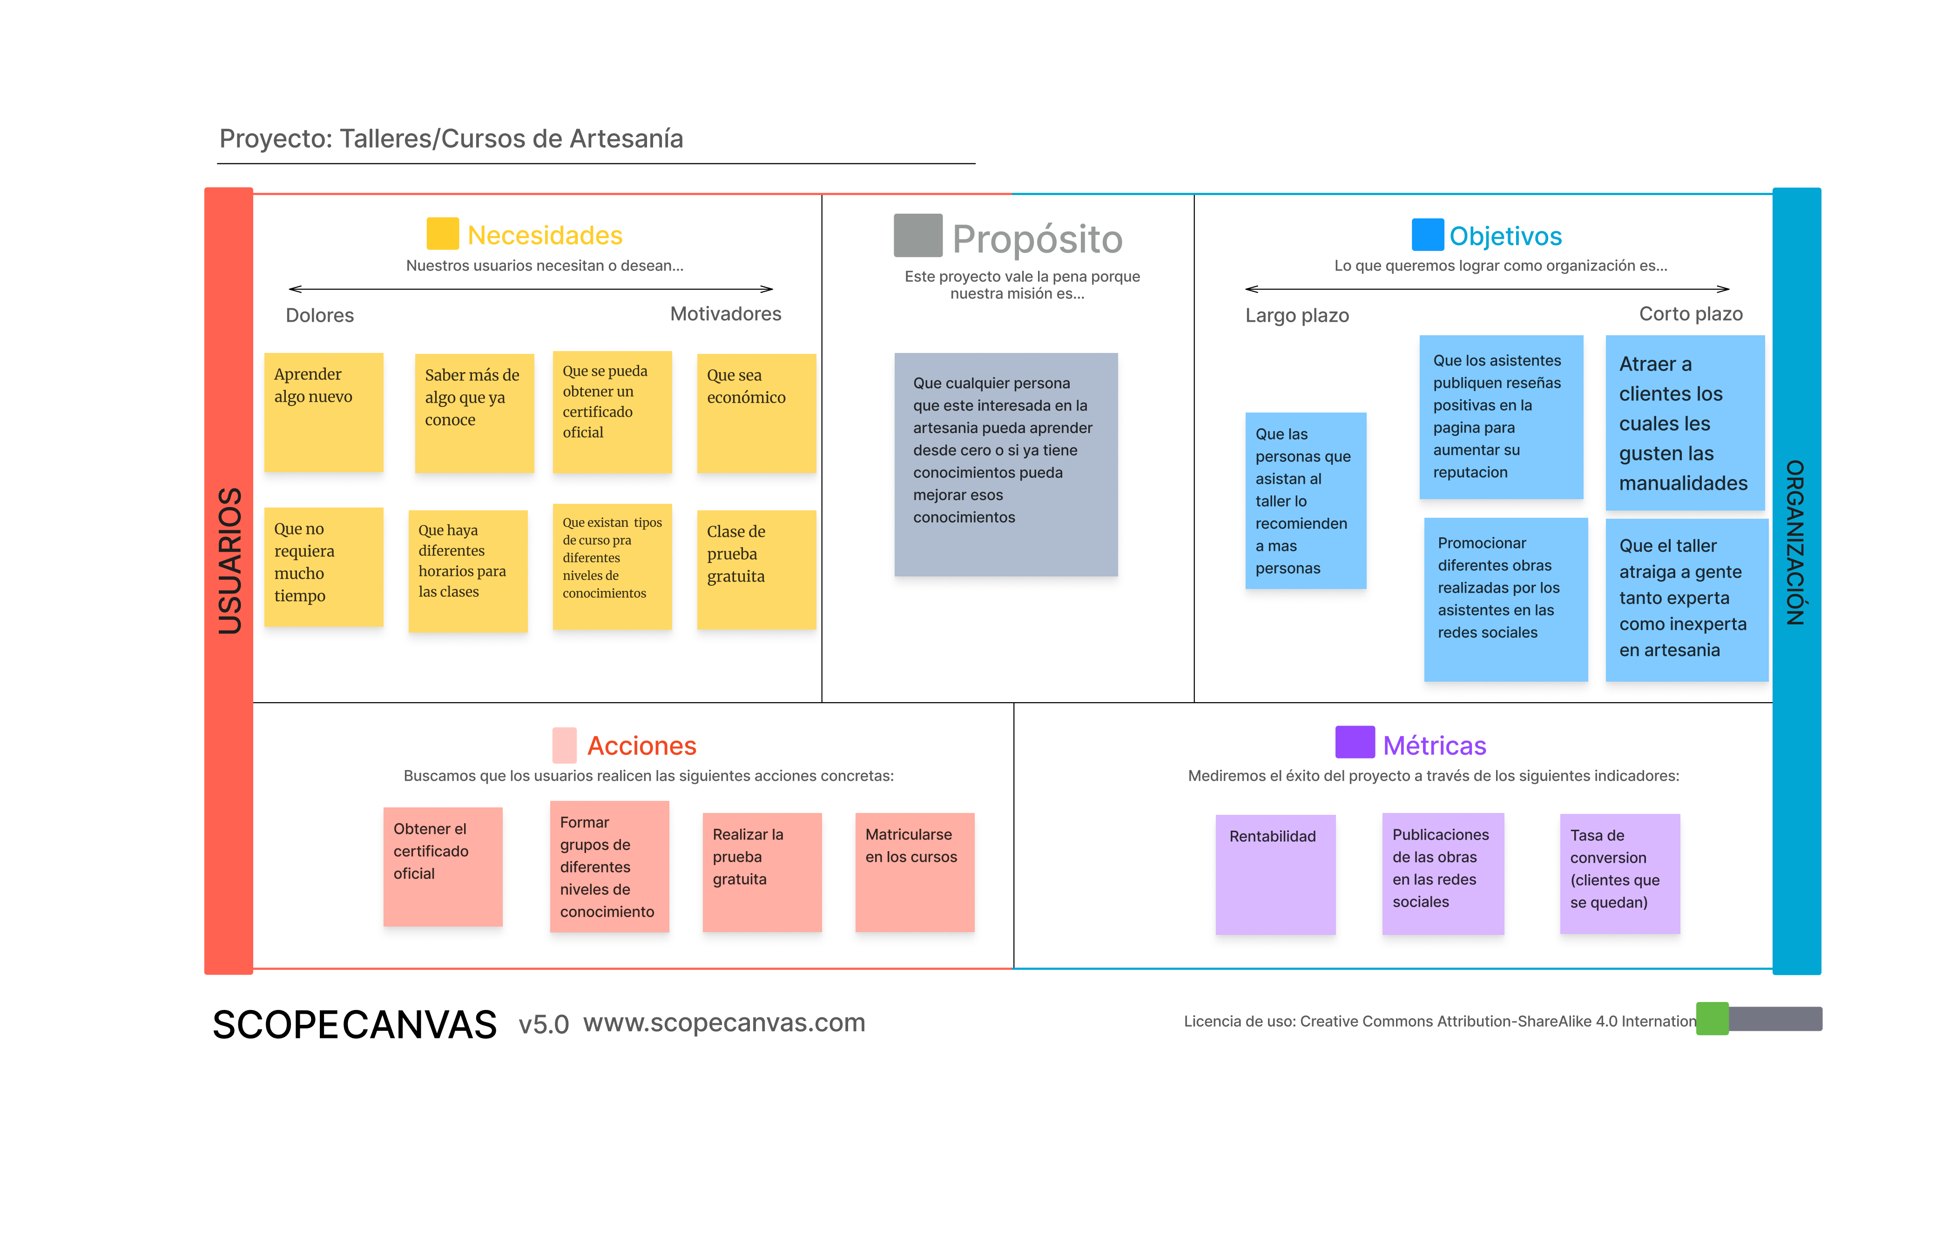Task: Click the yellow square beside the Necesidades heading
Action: (442, 233)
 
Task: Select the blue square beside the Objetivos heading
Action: (1427, 235)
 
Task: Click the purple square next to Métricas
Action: (1354, 742)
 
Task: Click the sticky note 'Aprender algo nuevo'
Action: (324, 412)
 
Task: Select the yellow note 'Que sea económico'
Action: (755, 412)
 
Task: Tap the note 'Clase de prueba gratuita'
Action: (755, 569)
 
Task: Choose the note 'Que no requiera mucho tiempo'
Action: (324, 566)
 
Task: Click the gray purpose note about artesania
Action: (1005, 464)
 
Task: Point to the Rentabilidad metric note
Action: (1275, 873)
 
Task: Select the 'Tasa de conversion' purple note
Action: (1619, 873)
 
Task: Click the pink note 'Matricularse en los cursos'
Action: (915, 871)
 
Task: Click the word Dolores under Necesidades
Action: (319, 315)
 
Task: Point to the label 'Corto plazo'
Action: (1690, 314)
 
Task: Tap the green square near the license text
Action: (1711, 1018)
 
